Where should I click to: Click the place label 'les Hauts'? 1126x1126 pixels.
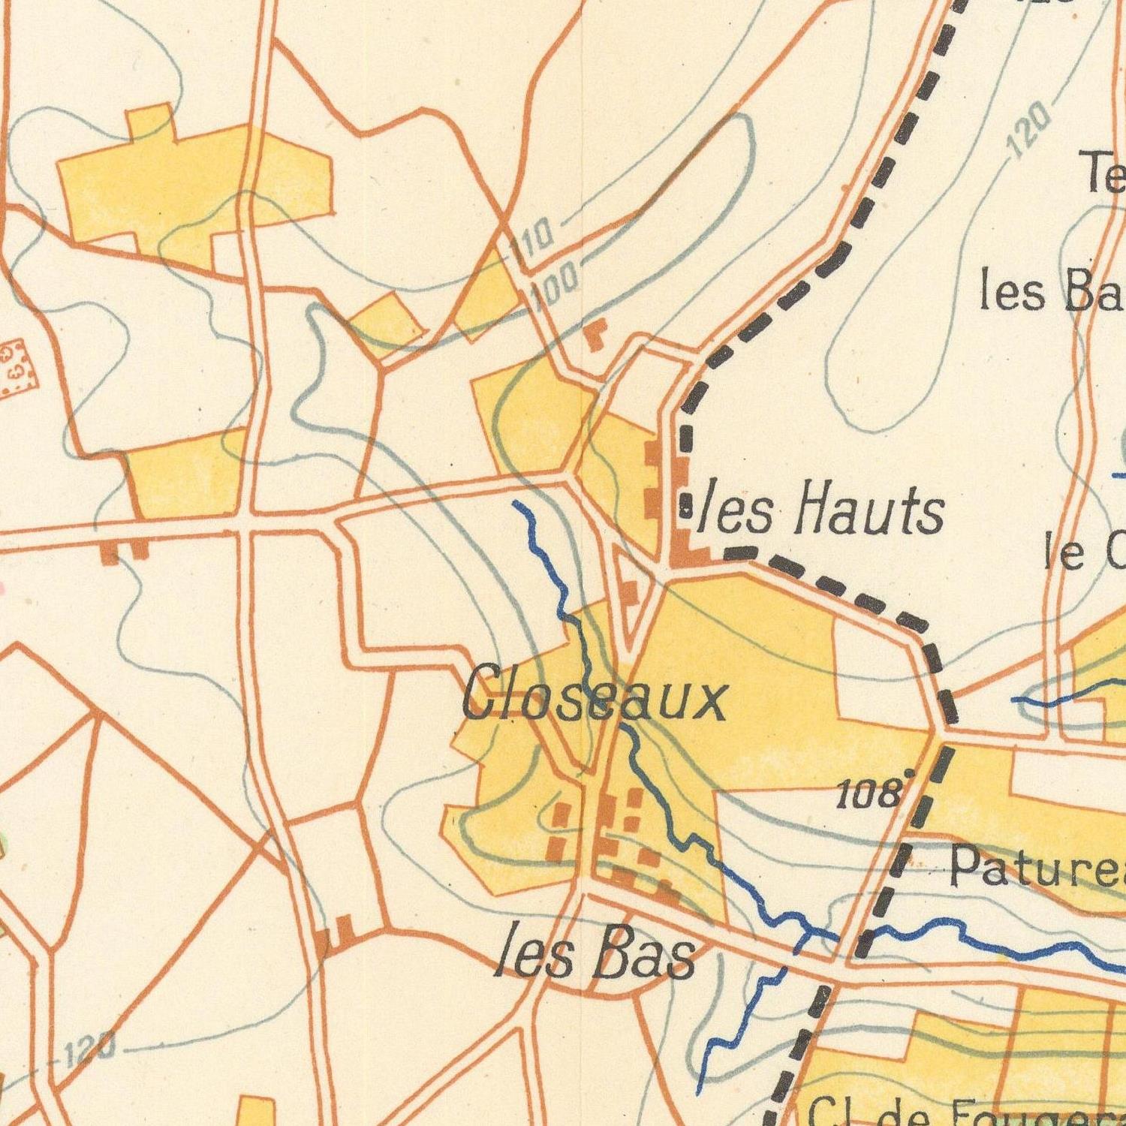pyautogui.click(x=820, y=510)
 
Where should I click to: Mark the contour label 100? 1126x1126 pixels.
pyautogui.click(x=554, y=288)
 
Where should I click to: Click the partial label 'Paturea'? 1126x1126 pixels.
pyautogui.click(x=1036, y=868)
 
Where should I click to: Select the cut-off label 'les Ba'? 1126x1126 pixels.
pyautogui.click(x=1051, y=293)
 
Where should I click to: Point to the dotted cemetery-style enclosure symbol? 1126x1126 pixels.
pyautogui.click(x=17, y=366)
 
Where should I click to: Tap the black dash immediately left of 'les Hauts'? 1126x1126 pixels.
pyautogui.click(x=686, y=504)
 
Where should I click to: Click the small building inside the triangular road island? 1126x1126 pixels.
pyautogui.click(x=629, y=593)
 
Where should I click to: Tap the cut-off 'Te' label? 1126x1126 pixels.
pyautogui.click(x=1103, y=171)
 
